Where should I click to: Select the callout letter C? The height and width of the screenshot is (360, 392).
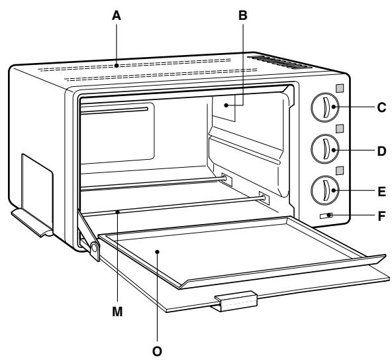pos(381,107)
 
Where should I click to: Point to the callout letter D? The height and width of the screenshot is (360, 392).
pos(381,151)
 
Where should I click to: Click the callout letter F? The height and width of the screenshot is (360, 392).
pos(381,216)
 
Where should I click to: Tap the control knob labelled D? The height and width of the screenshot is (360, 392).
pos(325,149)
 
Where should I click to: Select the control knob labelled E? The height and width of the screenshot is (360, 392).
pos(325,191)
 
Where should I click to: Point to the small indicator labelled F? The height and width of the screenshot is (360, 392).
pos(326,215)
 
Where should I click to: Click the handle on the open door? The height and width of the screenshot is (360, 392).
pos(235,302)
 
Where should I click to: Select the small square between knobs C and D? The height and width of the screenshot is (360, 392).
pos(339,128)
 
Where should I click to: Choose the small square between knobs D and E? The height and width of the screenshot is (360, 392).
pos(339,170)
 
